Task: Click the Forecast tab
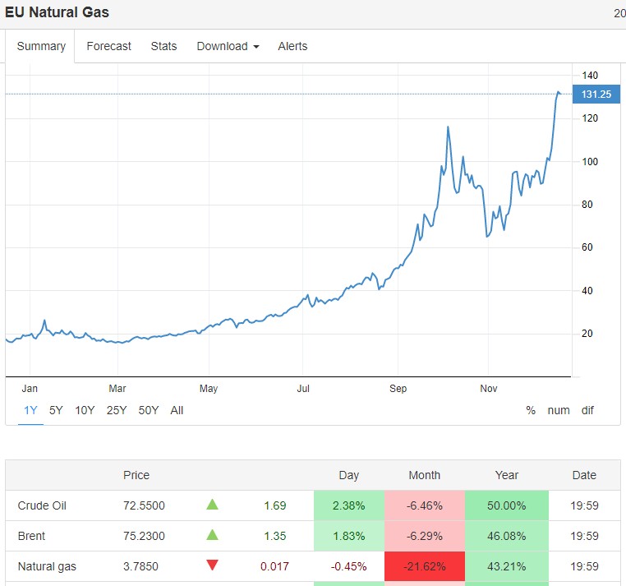(108, 46)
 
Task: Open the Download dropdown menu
(228, 46)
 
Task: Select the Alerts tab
(292, 46)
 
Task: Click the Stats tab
(163, 46)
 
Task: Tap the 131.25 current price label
(595, 95)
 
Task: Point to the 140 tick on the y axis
(590, 76)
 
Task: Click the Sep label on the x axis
(398, 388)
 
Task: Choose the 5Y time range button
(56, 410)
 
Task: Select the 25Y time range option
(117, 410)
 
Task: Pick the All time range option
(177, 410)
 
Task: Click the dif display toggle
(587, 410)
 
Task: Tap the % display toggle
(531, 410)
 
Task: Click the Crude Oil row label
(42, 505)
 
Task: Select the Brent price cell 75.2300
(144, 536)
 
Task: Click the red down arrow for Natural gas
(213, 565)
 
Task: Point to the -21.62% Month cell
(424, 566)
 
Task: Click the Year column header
(507, 475)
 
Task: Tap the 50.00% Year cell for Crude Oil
(506, 505)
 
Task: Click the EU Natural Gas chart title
(57, 12)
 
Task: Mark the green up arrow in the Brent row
(213, 535)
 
